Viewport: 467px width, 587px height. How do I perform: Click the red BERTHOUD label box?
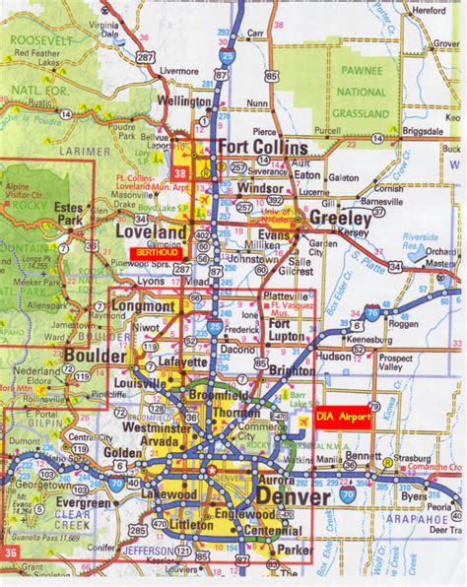tap(153, 253)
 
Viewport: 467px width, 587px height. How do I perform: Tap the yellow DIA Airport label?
tap(344, 418)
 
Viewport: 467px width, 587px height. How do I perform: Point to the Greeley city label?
tap(340, 217)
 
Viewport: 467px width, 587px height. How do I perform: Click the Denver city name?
tap(294, 497)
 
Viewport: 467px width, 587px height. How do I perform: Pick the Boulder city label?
tap(95, 355)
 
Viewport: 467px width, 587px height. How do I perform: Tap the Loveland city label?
tap(151, 232)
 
